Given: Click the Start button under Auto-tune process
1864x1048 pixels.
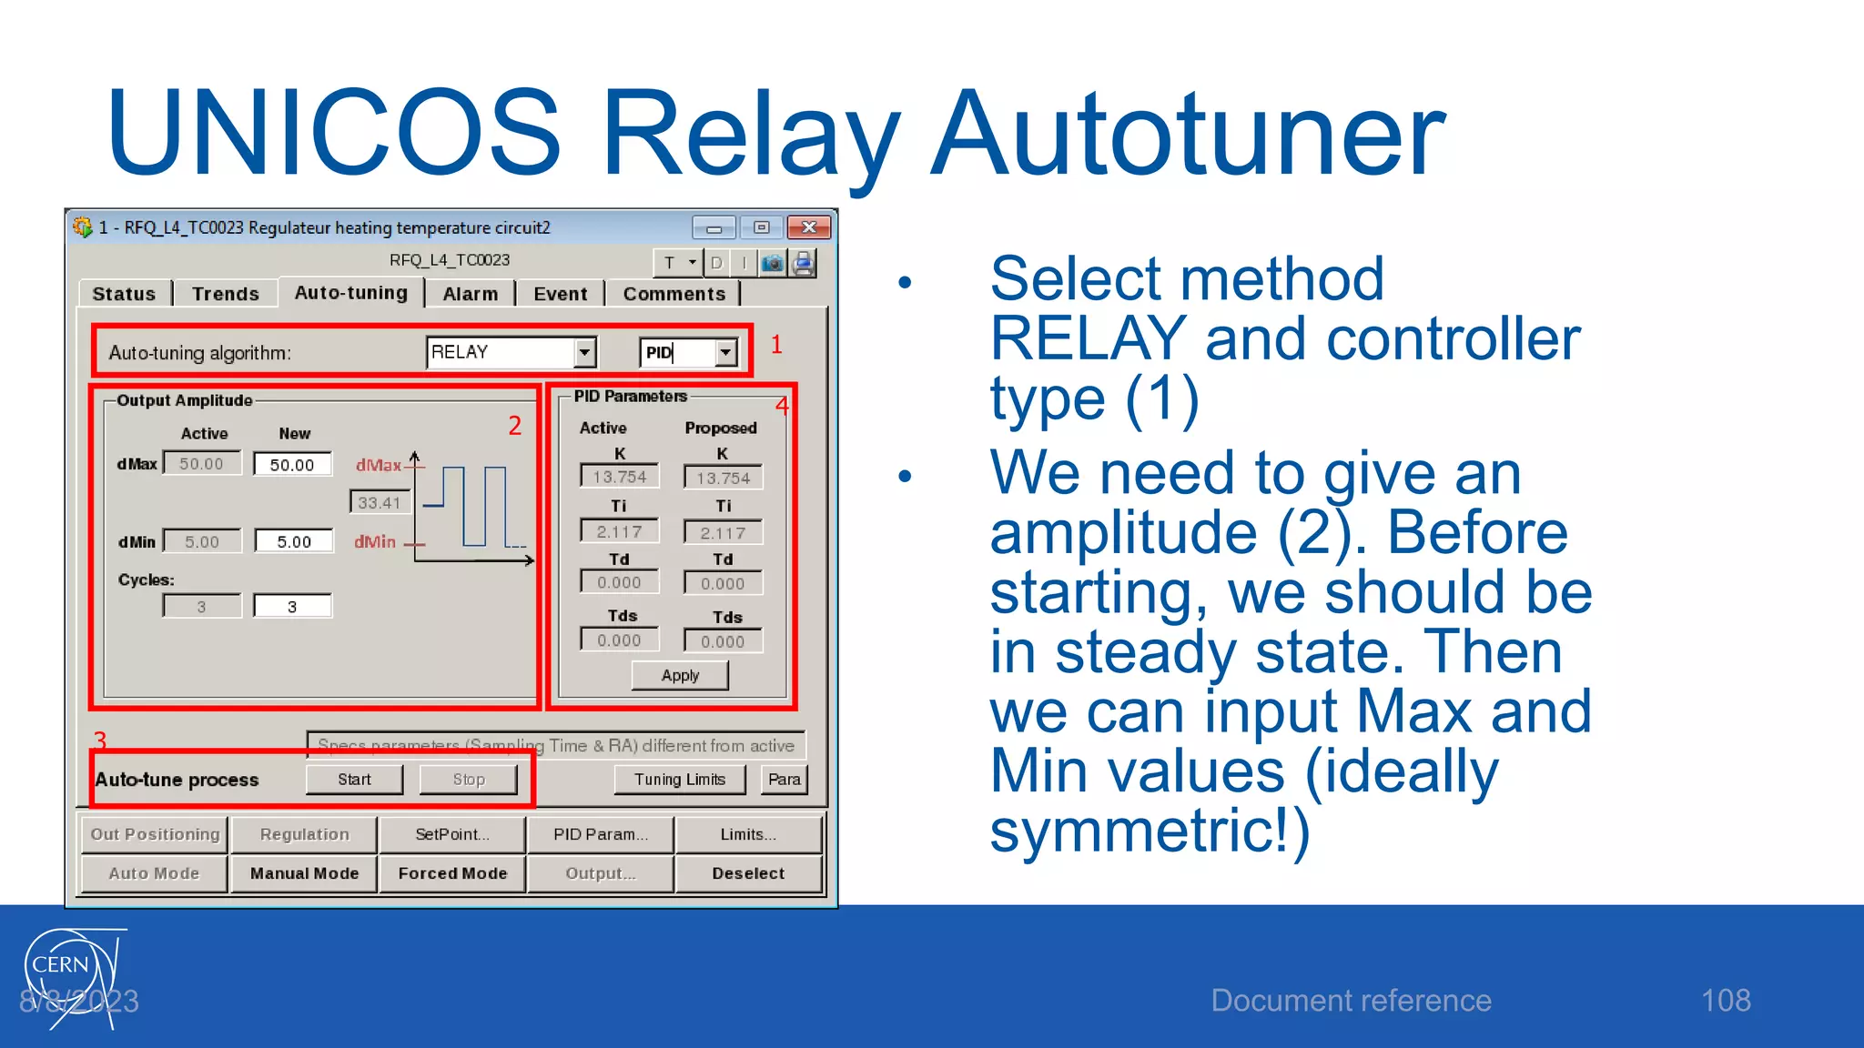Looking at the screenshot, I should (354, 780).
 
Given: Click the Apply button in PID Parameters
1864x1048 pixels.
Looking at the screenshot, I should (680, 676).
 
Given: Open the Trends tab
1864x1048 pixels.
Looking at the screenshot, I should (226, 294).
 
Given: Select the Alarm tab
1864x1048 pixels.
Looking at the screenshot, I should (470, 294).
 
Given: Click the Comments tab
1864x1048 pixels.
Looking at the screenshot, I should (674, 294).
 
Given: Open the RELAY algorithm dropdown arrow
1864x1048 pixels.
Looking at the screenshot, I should (585, 352).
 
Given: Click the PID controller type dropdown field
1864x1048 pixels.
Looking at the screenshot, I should (679, 353).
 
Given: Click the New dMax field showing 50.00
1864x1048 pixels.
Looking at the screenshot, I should (292, 465).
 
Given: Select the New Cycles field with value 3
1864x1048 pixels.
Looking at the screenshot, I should (292, 607).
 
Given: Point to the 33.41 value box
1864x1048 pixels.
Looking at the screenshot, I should (380, 502).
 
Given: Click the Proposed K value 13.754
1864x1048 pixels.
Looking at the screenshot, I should (723, 478).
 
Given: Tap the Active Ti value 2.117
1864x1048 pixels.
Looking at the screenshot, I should (619, 531).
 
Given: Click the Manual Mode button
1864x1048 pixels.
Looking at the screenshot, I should (304, 873).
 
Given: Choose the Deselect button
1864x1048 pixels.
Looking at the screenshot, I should (747, 873).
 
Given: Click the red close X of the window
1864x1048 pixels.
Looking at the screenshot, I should (808, 227).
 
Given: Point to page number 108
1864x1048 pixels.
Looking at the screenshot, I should (1726, 1001).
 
